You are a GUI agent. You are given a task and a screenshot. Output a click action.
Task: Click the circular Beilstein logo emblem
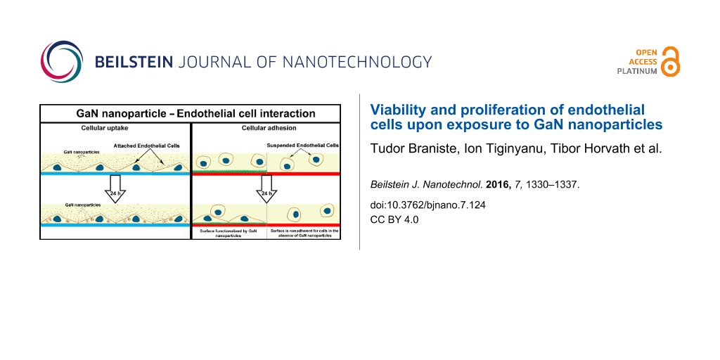[x=62, y=62]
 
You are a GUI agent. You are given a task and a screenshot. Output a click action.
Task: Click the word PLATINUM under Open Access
[x=637, y=71]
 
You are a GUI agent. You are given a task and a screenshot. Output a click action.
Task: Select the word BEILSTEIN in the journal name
[x=134, y=62]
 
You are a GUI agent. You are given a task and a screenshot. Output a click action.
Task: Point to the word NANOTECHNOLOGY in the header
[x=357, y=62]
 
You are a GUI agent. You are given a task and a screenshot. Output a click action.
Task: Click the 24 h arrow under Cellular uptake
[x=115, y=188]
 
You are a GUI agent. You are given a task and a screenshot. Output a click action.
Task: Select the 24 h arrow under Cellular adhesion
[x=266, y=188]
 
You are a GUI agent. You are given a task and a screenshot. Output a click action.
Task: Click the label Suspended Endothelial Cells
[x=302, y=146]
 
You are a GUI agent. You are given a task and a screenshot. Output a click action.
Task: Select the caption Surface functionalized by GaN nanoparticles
[x=229, y=232]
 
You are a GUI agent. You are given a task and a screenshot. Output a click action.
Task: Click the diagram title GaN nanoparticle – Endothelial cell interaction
[x=190, y=113]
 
